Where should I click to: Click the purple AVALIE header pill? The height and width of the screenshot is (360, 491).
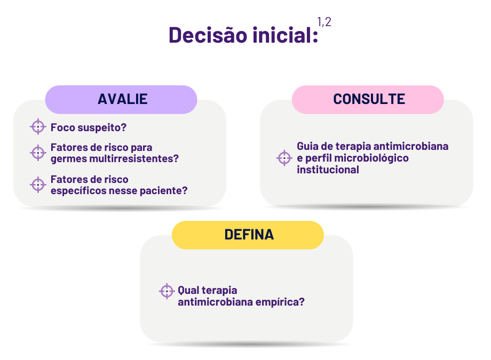[121, 99]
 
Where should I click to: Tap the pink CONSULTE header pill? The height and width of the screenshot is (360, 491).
[368, 99]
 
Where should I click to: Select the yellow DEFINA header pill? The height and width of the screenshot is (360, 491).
[248, 235]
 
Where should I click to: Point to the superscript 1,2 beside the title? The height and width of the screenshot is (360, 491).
[324, 22]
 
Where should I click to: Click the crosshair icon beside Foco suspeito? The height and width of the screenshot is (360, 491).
[38, 127]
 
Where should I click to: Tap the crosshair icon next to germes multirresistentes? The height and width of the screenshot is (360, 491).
[38, 153]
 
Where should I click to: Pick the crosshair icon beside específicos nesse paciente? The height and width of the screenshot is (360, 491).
[38, 185]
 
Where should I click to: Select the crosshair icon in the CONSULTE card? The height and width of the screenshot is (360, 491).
[284, 158]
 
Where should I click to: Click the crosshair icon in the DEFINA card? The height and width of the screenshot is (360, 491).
[167, 291]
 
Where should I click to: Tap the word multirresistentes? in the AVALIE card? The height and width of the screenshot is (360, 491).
[134, 158]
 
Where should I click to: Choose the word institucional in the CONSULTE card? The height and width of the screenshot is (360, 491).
[328, 170]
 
